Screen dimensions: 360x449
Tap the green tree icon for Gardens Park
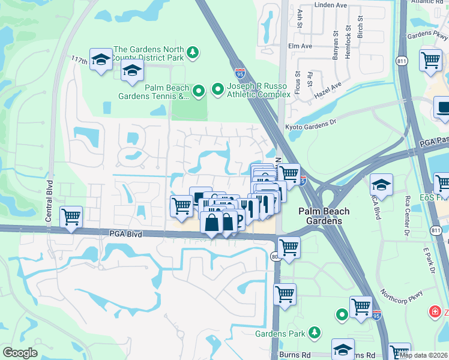click(313, 333)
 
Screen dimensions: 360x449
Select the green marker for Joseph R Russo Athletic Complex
click(217, 91)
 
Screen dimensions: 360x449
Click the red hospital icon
click(435, 311)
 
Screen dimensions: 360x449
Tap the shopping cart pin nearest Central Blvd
click(71, 216)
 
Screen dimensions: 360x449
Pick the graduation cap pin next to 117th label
click(101, 59)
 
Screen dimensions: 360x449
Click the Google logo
click(20, 353)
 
